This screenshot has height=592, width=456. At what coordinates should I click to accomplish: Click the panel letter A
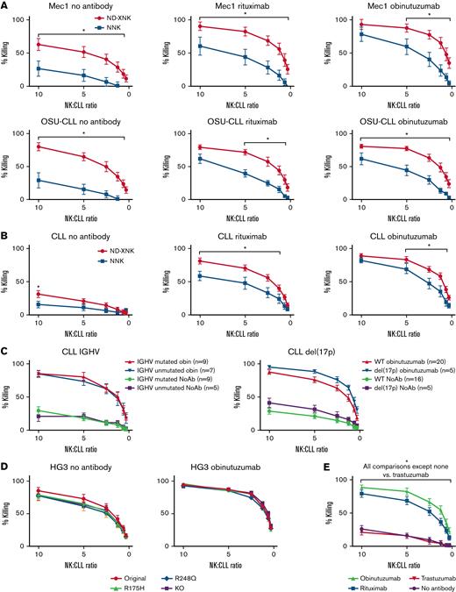(6, 6)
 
